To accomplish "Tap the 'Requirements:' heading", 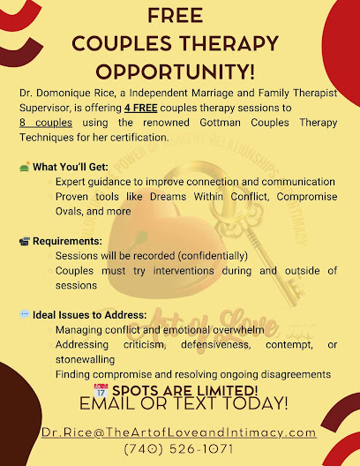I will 68,240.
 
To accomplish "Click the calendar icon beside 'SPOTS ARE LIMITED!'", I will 100,389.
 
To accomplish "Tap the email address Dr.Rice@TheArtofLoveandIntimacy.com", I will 179,432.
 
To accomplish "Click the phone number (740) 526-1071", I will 179,449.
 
